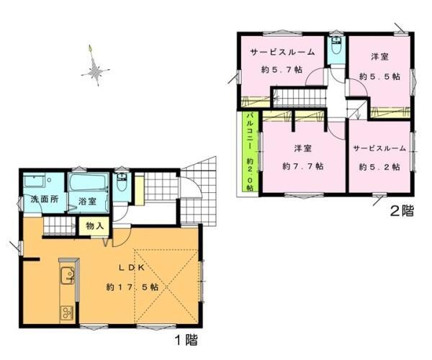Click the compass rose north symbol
(95, 66)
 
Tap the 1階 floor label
(186, 340)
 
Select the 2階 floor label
(402, 211)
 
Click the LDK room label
(132, 268)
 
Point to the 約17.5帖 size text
(132, 287)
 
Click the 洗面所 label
(45, 199)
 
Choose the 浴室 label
(87, 202)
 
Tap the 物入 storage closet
(94, 226)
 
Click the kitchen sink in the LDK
(67, 275)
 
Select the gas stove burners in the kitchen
(67, 313)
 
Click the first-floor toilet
(121, 182)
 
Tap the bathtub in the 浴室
(89, 181)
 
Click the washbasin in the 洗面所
(34, 181)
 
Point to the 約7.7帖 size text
(303, 166)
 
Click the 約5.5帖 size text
(379, 76)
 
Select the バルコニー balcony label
(250, 130)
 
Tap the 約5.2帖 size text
(379, 167)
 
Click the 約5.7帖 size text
(282, 70)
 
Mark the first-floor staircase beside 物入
(59, 226)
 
